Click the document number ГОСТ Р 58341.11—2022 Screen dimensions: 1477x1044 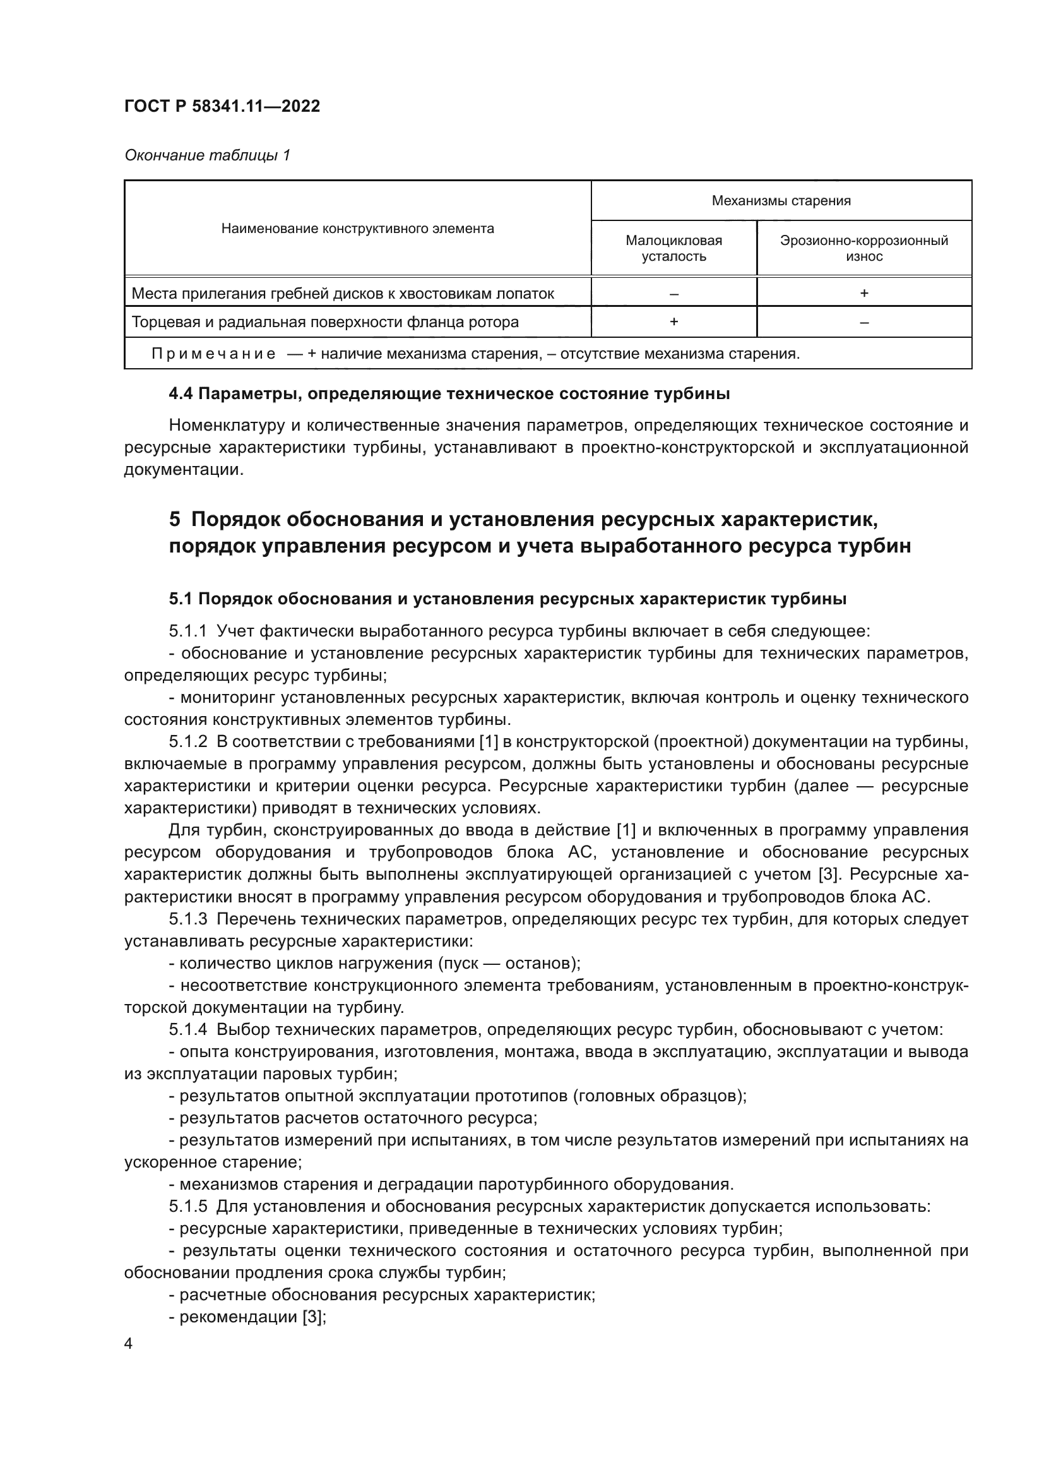coord(222,106)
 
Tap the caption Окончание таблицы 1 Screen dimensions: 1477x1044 coord(207,155)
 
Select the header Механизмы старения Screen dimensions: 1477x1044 coord(780,201)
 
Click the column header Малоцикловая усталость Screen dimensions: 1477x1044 coord(673,248)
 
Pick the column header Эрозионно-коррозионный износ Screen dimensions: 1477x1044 coord(863,248)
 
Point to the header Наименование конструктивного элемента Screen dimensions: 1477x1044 coord(357,229)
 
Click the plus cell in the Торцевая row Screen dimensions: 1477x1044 coord(673,321)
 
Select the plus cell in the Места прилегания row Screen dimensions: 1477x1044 coord(863,294)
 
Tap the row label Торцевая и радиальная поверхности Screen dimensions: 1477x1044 coord(324,321)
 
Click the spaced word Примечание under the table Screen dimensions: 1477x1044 coord(213,354)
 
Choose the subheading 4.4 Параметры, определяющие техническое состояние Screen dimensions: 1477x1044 coord(449,393)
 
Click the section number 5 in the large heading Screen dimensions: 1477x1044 coord(174,518)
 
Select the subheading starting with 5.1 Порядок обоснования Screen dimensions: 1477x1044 coord(507,599)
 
